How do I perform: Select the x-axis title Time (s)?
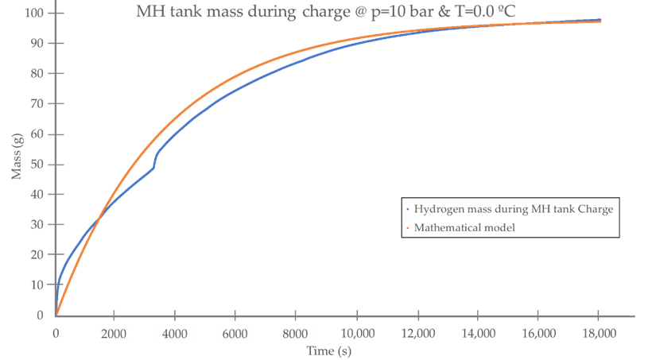click(x=329, y=350)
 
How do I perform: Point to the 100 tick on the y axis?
click(x=34, y=14)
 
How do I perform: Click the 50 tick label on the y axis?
click(x=37, y=165)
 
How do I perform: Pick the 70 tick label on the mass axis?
click(x=37, y=104)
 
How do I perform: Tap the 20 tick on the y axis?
click(x=37, y=255)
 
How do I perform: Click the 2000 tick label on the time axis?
click(x=114, y=334)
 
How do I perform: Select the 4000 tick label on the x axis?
click(x=175, y=334)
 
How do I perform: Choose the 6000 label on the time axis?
click(x=235, y=334)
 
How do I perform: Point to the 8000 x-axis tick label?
click(x=295, y=334)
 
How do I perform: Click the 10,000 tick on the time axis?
click(x=355, y=334)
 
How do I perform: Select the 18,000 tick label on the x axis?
click(x=598, y=334)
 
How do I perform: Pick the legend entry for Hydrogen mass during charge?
click(x=514, y=209)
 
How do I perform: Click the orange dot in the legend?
click(x=408, y=229)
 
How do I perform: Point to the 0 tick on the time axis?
click(x=56, y=334)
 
